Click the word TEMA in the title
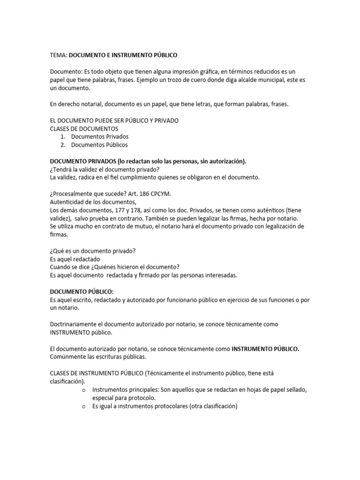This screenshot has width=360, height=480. [x=58, y=55]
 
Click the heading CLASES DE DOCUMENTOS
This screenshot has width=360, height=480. [x=84, y=128]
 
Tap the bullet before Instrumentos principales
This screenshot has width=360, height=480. [x=83, y=390]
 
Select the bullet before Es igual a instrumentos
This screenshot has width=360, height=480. [x=83, y=406]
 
